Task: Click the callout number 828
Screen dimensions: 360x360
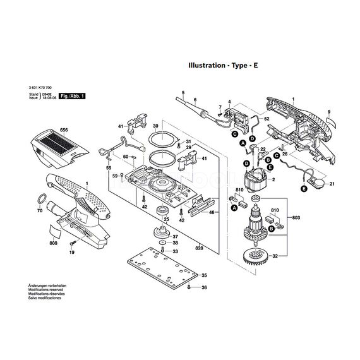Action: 199,248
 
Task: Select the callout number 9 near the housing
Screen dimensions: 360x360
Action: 328,111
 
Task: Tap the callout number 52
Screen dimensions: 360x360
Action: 267,119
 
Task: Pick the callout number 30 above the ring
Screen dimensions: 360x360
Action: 155,126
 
